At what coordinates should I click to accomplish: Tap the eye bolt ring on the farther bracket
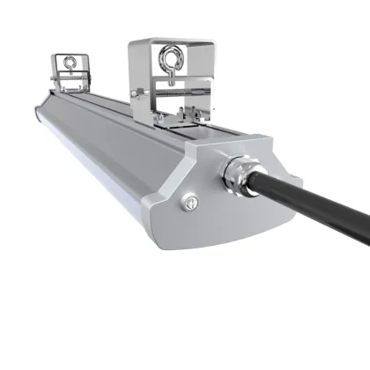click(70, 63)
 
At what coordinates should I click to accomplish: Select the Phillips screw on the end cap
click(187, 204)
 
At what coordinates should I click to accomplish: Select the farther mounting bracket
click(70, 70)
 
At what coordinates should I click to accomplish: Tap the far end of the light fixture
click(40, 115)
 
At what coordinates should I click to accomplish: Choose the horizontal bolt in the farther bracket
click(70, 78)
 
